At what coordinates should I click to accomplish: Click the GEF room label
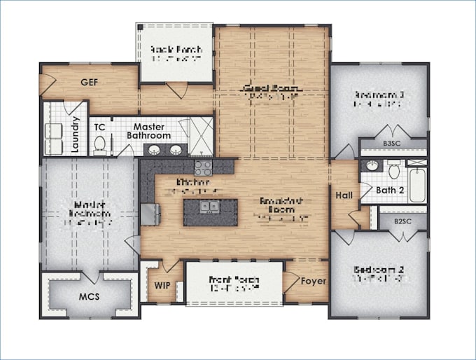pos(88,82)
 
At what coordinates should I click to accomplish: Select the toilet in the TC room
pos(100,144)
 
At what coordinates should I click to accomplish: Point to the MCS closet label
pos(88,296)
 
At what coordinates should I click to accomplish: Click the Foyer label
pos(314,282)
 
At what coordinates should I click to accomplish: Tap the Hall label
pos(344,195)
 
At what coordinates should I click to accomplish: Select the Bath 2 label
pos(390,190)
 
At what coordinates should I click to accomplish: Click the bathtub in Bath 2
pos(417,184)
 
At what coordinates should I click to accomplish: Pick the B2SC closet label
pos(401,222)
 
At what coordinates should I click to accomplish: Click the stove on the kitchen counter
pos(203,167)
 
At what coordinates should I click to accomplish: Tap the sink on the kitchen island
pos(208,207)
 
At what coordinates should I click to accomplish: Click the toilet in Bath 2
pos(394,169)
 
